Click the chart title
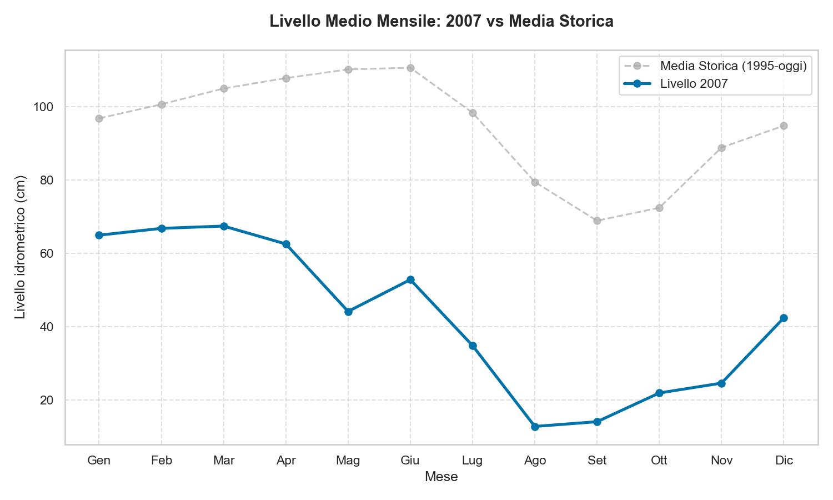(441, 22)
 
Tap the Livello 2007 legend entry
(694, 84)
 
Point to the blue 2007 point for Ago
(535, 427)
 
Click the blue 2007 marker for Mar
(224, 226)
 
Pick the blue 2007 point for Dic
(784, 318)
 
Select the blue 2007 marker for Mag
(348, 312)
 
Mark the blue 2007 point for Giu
(410, 279)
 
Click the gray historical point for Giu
(410, 68)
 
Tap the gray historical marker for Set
(597, 221)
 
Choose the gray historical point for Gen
(99, 118)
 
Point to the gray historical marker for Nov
(721, 148)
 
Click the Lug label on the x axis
(473, 461)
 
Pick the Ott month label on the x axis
(659, 461)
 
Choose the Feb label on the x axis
(162, 461)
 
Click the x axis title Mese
(441, 477)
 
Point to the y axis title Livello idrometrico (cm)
(21, 247)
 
